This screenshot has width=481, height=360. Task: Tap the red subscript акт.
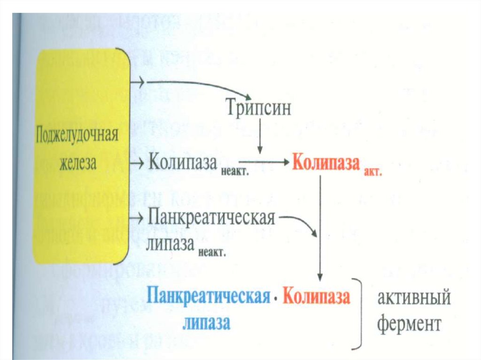(x=373, y=172)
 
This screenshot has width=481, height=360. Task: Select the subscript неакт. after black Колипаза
(x=234, y=172)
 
